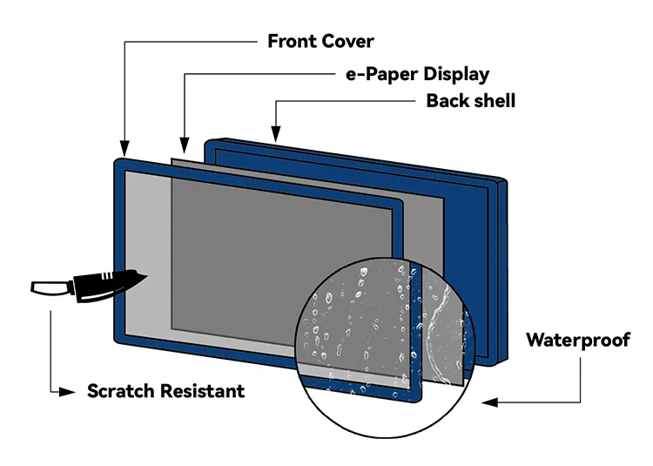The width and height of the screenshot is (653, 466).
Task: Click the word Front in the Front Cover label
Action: point(293,41)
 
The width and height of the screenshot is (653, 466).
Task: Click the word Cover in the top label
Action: point(347,41)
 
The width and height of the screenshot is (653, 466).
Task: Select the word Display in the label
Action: point(456,75)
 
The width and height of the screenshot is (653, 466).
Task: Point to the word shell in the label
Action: point(492,101)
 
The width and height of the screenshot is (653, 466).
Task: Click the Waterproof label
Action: point(578,340)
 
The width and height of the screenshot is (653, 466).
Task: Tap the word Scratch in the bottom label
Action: point(121,391)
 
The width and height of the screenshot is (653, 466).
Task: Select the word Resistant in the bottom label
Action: point(203,391)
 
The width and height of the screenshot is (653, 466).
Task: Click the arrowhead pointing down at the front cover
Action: point(125,148)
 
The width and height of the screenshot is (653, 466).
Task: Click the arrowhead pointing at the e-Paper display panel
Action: point(185,145)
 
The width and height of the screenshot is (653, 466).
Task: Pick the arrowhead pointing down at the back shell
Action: point(275,133)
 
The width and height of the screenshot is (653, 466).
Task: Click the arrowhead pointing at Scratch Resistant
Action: point(67,392)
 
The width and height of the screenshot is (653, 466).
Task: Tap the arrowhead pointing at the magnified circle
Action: point(489,402)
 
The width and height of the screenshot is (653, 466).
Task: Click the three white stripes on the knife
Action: point(106,276)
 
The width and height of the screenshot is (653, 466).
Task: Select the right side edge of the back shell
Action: point(502,272)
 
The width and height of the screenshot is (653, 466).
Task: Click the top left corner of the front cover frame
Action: point(116,161)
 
